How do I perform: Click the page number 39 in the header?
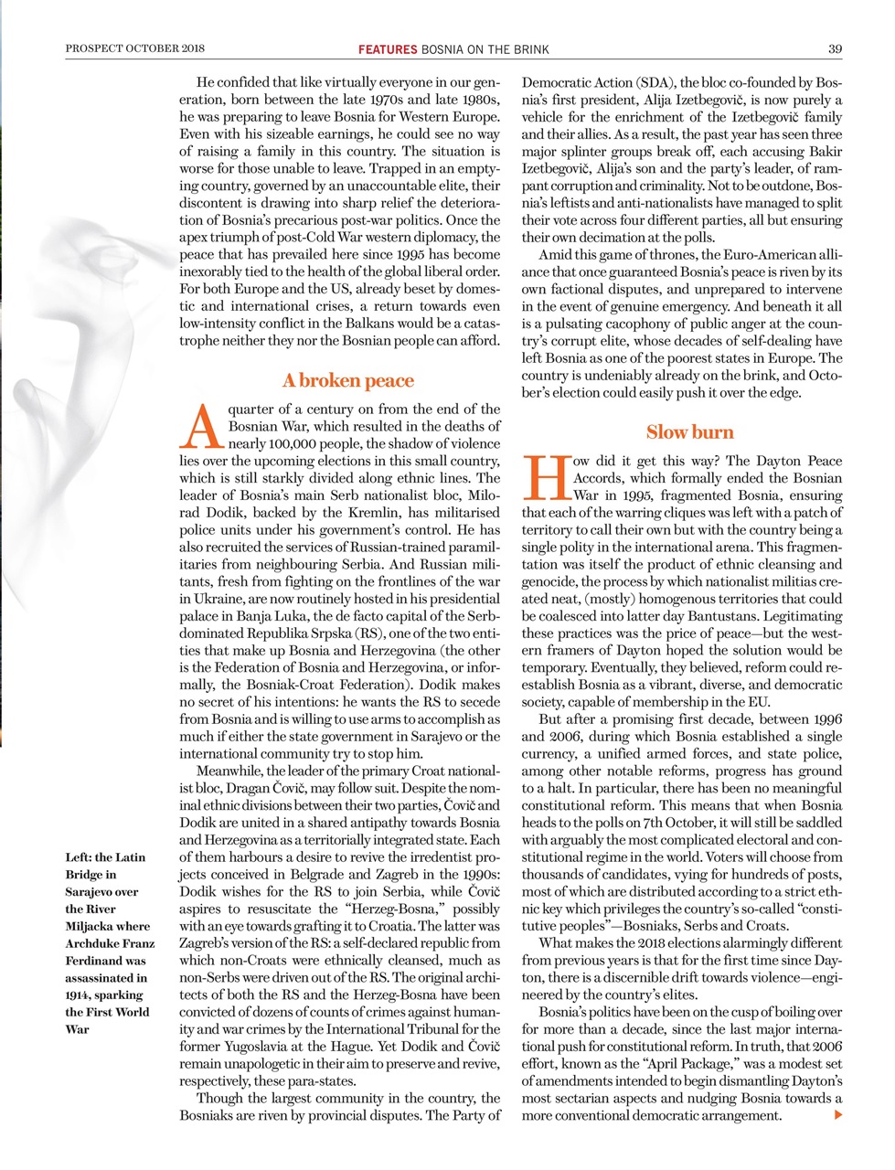[x=835, y=48]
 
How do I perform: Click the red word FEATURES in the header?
[x=388, y=49]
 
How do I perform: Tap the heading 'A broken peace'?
[x=347, y=380]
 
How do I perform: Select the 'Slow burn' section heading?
[x=689, y=432]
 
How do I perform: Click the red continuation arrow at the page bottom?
[x=837, y=1115]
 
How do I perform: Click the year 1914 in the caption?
[x=79, y=994]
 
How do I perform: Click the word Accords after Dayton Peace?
[x=601, y=478]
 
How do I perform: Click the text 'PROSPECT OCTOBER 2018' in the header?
[x=135, y=48]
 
